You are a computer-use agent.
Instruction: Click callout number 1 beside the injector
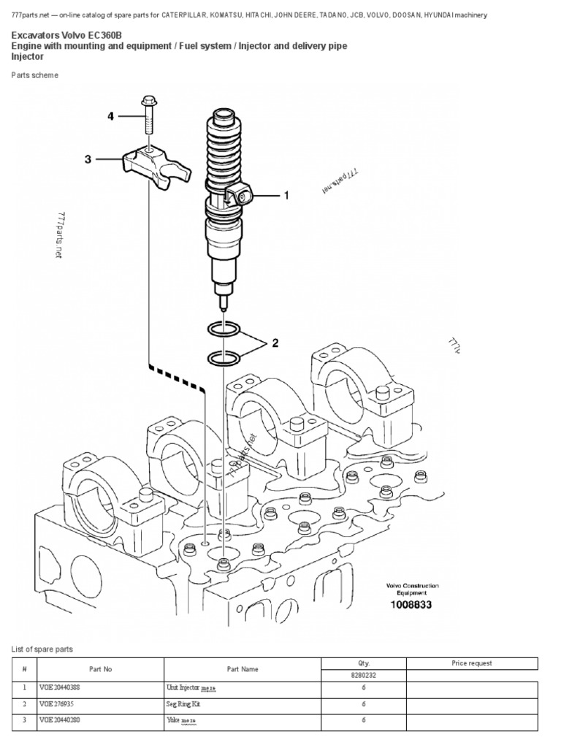click(x=286, y=195)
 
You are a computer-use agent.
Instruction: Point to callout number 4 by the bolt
click(x=111, y=115)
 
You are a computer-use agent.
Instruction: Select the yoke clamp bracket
click(x=157, y=162)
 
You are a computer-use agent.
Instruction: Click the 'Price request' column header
click(x=472, y=663)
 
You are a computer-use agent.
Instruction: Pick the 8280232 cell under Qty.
click(x=363, y=675)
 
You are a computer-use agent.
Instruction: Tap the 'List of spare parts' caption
click(x=42, y=649)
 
